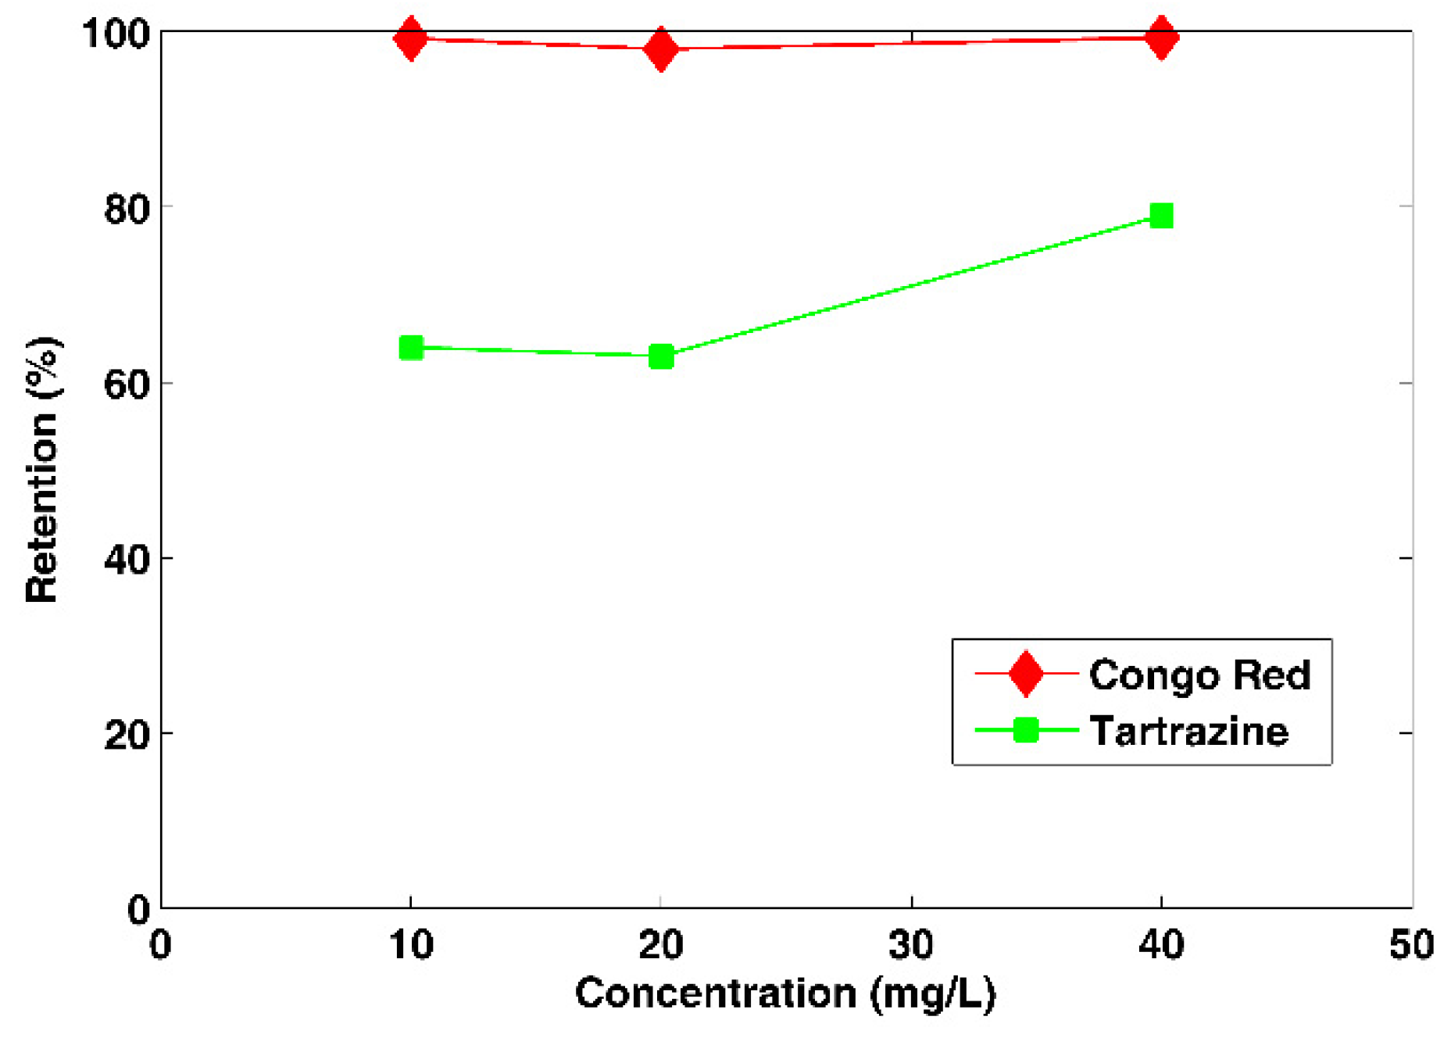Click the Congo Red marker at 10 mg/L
(410, 38)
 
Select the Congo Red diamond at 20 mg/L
(661, 49)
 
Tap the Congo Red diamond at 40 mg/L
(1161, 37)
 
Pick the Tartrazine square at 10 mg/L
(411, 347)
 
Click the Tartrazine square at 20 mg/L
(661, 357)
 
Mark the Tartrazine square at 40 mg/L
(1161, 216)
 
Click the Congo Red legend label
(1199, 675)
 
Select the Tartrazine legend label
(1188, 732)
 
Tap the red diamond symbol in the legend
(1025, 673)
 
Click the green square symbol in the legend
(1025, 730)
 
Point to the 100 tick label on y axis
(116, 34)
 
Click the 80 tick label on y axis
(127, 209)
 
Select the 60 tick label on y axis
(127, 385)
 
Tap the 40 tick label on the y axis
(127, 560)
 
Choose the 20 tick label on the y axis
(127, 735)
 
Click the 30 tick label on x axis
(911, 945)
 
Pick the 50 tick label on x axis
(1411, 945)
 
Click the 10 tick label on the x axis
(411, 945)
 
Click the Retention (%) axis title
(42, 469)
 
